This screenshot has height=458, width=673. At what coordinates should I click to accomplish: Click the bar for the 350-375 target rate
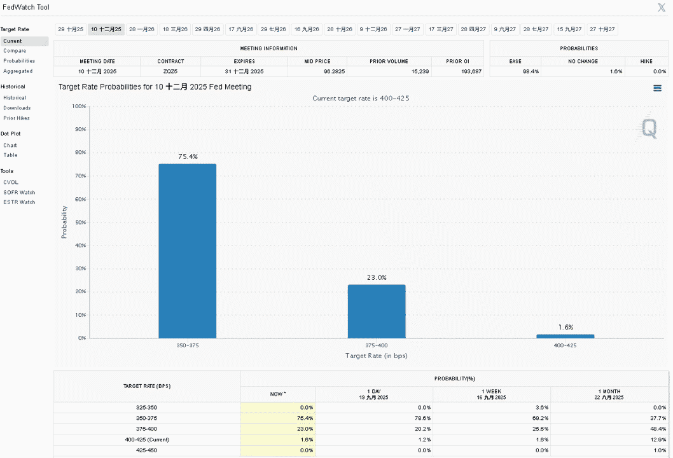tap(188, 251)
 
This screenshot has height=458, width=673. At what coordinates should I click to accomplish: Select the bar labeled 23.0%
tap(377, 311)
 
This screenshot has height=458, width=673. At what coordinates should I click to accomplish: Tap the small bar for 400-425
tap(565, 336)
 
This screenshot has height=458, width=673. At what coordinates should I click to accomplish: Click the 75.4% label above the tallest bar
tap(188, 156)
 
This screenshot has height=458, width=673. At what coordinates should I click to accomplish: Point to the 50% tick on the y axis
tap(80, 223)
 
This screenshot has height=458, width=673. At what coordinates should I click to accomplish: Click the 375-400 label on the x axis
tap(377, 345)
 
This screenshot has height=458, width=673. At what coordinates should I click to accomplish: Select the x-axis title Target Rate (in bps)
tap(377, 356)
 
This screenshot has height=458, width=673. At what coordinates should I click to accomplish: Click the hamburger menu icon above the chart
tap(657, 88)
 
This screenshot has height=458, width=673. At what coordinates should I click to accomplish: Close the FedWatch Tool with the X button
tap(662, 7)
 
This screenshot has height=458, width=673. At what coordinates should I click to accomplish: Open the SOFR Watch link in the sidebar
tap(19, 192)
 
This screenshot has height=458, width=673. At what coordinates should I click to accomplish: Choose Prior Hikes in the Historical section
tap(17, 118)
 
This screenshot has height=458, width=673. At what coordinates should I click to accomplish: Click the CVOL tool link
tap(11, 183)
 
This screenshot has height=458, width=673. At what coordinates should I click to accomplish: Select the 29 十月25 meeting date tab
tap(71, 29)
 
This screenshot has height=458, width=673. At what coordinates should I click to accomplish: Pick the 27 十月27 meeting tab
tap(602, 29)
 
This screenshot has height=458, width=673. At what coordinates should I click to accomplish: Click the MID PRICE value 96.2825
tap(335, 71)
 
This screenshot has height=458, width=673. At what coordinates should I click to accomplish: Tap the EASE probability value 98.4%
tap(531, 71)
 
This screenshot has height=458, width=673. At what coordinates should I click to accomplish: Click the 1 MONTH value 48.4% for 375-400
tap(658, 429)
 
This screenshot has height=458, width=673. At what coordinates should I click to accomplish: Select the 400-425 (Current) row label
tap(147, 440)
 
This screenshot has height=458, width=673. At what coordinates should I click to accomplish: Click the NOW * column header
tap(278, 394)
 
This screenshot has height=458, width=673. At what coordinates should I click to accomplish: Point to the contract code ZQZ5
tap(170, 71)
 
